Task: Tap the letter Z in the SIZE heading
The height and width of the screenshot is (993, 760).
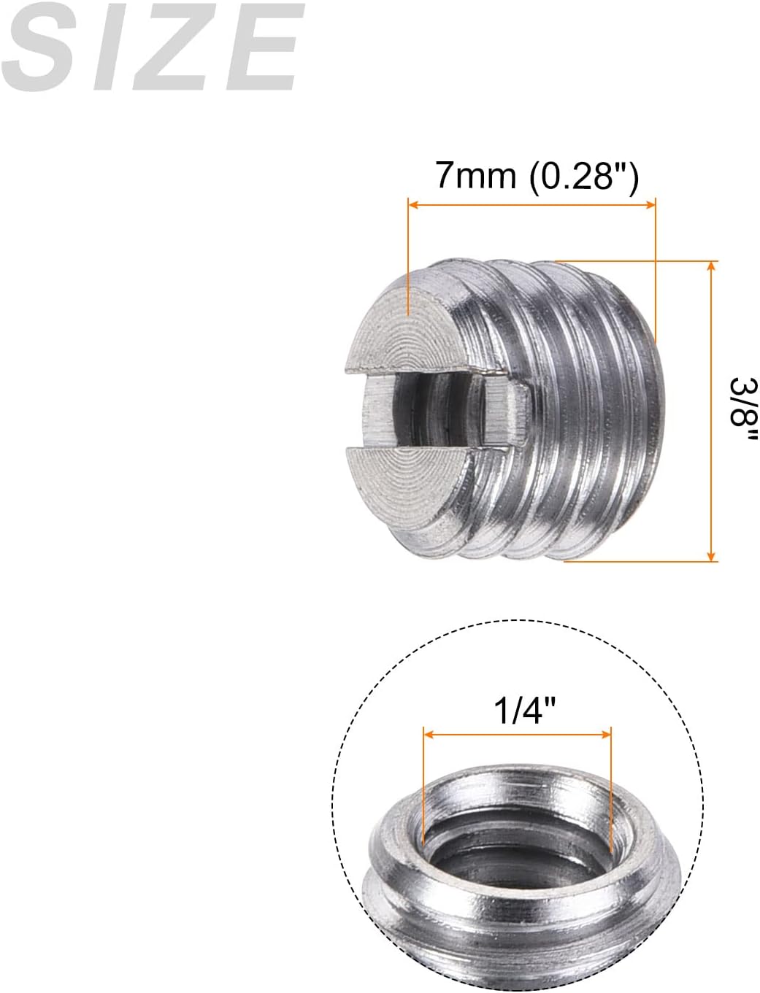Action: point(172,47)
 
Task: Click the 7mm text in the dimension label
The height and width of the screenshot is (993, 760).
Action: point(475,176)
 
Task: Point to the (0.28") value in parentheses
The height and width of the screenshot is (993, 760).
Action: point(584,176)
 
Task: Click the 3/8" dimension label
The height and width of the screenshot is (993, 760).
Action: point(744,409)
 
